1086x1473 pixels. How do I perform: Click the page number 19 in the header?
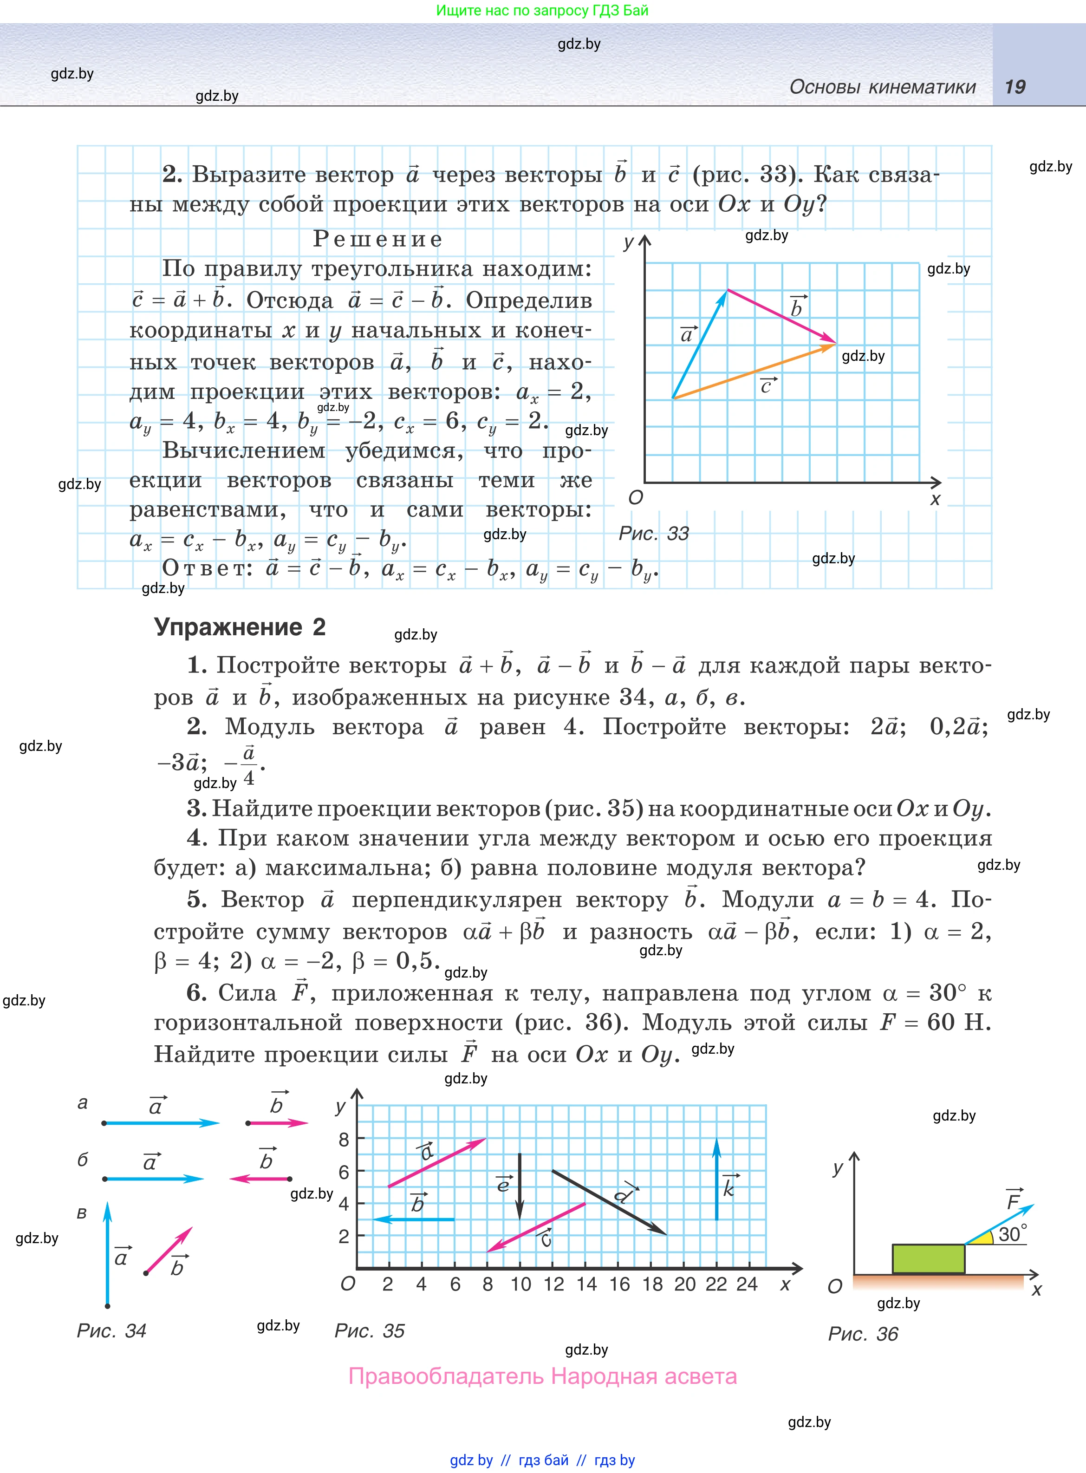pyautogui.click(x=1014, y=87)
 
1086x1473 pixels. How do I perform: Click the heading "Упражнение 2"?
pyautogui.click(x=240, y=627)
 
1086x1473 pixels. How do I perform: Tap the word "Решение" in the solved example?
pyautogui.click(x=377, y=239)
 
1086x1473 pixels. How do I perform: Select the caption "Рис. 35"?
pyautogui.click(x=370, y=1330)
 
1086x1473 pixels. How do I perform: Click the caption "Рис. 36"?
pyautogui.click(x=863, y=1334)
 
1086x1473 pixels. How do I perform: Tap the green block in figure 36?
pyautogui.click(x=928, y=1258)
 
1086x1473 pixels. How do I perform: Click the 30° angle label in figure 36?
pyautogui.click(x=1012, y=1234)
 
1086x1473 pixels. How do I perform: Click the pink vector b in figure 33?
pyautogui.click(x=781, y=317)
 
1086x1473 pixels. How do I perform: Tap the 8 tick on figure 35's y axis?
pyautogui.click(x=344, y=1140)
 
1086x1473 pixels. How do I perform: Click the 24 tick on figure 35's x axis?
pyautogui.click(x=747, y=1284)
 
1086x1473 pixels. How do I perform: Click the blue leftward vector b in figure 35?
pyautogui.click(x=414, y=1219)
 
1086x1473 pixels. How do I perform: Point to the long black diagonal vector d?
pyautogui.click(x=609, y=1202)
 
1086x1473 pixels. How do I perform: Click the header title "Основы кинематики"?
pyautogui.click(x=882, y=87)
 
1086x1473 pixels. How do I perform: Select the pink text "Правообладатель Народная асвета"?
pyautogui.click(x=542, y=1376)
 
